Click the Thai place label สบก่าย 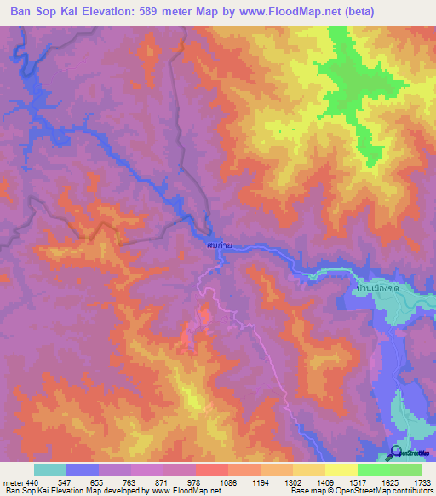coord(220,245)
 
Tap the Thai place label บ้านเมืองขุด coord(374,288)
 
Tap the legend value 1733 coord(410,482)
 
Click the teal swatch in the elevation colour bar coord(50,470)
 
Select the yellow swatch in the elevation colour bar coord(341,470)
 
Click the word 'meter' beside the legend coord(12,482)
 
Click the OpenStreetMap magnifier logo coord(397,453)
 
